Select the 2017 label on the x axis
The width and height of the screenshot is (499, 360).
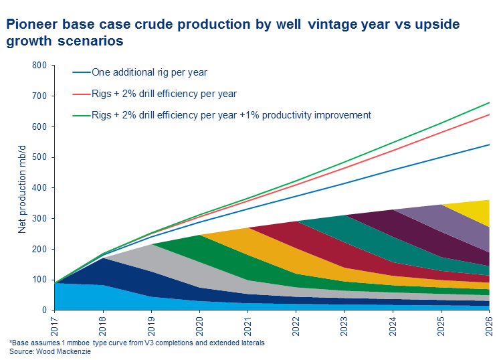[x=55, y=325]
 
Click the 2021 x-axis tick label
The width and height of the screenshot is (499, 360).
[x=247, y=325]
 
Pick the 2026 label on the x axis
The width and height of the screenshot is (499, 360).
[x=489, y=325]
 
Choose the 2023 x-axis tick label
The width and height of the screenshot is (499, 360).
[x=344, y=325]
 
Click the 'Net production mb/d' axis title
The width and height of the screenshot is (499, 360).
[x=23, y=187]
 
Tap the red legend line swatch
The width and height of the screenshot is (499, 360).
[x=81, y=94]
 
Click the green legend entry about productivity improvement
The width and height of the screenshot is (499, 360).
[x=231, y=115]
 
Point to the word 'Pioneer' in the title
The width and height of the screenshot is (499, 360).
[x=31, y=25]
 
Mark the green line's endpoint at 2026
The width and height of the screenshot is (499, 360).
[x=489, y=102]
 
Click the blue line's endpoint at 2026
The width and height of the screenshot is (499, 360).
[x=489, y=145]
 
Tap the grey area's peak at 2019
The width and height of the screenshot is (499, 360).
[x=152, y=246]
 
